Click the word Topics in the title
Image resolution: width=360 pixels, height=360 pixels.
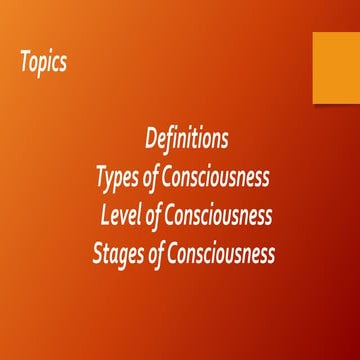coord(43,62)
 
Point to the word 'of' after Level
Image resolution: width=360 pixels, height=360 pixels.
coord(156,215)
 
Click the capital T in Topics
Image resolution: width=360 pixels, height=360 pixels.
coord(25,61)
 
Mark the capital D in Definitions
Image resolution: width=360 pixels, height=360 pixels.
coord(152,137)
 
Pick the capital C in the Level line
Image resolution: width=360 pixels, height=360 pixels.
coord(173,215)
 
